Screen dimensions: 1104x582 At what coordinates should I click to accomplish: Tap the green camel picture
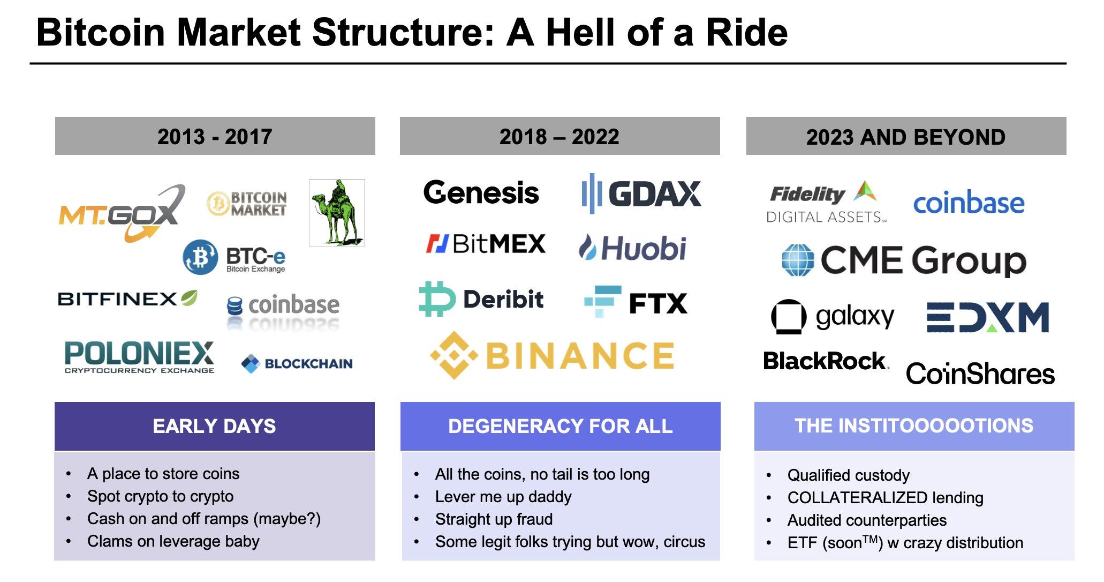[337, 213]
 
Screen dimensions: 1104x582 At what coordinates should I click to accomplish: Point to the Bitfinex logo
[127, 299]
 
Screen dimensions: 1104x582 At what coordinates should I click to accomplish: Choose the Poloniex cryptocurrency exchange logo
[139, 356]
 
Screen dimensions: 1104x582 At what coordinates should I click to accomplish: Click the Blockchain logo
[297, 363]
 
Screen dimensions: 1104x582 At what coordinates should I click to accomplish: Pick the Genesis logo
[481, 193]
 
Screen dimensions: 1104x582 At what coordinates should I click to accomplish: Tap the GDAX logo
[641, 194]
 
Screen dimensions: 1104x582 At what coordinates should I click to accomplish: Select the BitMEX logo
[486, 244]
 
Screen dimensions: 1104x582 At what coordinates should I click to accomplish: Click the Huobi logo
[632, 248]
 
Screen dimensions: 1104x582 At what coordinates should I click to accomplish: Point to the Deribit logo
[481, 299]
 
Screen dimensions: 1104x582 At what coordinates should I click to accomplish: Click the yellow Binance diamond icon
[453, 355]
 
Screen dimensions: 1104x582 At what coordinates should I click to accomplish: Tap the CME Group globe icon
[798, 260]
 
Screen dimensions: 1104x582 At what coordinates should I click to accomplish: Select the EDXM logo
[987, 317]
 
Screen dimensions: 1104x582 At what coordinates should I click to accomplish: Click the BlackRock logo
[825, 361]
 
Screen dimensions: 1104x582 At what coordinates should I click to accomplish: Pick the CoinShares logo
[980, 374]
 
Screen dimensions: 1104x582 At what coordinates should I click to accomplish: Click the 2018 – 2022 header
[559, 136]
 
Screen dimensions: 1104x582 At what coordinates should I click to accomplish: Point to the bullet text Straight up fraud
[494, 519]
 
